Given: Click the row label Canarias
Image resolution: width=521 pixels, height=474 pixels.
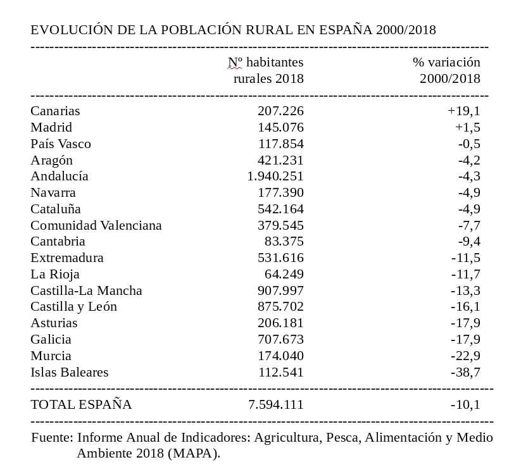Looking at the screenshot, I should pos(55,111).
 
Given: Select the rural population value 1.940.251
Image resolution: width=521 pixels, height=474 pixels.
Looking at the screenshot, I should pos(275,177).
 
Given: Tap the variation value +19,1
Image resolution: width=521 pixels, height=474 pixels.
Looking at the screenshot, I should pos(463,111).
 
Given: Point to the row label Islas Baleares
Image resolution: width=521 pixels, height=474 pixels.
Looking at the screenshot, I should pos(70,372).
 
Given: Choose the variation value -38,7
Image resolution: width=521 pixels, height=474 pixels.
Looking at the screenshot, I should pos(465,372).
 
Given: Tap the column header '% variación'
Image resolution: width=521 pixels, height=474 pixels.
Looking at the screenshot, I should pos(446,62).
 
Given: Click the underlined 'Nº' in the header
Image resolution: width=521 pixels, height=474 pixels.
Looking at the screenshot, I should pos(235,62).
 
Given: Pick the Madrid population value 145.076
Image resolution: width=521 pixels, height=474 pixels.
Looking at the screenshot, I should pos(280,127).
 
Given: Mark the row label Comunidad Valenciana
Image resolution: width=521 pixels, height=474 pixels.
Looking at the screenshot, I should pos(96,225).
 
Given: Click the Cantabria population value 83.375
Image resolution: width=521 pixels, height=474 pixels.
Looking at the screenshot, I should pos(284,242).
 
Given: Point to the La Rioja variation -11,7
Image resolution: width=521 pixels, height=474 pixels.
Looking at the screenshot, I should pos(465,275).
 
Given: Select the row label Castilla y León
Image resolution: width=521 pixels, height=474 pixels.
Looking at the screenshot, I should pos(74,307).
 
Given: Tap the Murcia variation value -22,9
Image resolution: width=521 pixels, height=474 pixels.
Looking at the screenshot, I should pos(465,356).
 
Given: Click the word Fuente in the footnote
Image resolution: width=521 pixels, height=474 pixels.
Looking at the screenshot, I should pos(53,437).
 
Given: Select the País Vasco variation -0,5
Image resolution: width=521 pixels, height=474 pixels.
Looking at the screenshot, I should pos(468,144).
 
